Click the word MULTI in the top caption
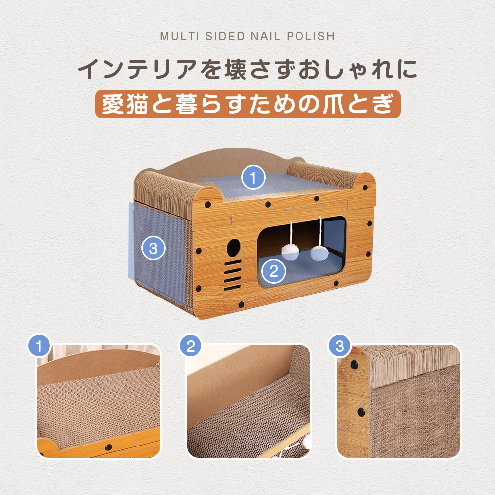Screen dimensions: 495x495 [180, 36]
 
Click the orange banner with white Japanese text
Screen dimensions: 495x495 [248, 104]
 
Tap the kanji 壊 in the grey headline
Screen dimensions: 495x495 [235, 69]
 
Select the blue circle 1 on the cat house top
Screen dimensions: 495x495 [253, 177]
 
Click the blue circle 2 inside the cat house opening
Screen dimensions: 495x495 [274, 271]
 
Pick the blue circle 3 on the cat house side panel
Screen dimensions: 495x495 [153, 248]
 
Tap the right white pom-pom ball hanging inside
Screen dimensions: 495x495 [319, 253]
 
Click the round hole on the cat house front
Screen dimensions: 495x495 [233, 248]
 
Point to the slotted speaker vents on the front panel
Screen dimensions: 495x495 [233, 275]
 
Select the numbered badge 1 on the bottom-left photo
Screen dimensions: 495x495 [39, 346]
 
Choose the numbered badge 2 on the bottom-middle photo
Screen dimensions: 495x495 [191, 346]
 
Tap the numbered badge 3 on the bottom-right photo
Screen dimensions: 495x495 [340, 346]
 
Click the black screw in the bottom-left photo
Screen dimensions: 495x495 [108, 447]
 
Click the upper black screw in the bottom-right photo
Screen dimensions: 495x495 [354, 365]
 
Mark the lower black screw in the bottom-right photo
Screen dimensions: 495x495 [361, 412]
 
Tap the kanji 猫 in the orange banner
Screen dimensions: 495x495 [137, 104]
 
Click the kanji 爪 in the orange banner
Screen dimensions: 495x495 [333, 104]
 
